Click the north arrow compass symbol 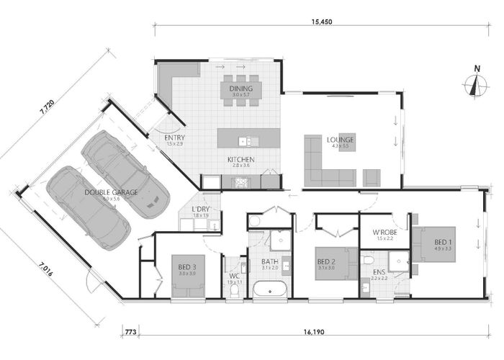tap(474, 84)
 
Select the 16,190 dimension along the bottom tap(311, 333)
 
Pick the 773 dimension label tap(130, 333)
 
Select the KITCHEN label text tap(240, 160)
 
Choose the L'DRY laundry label tap(200, 210)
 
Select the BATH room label tap(270, 261)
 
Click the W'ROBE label tap(383, 232)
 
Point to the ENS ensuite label tap(379, 271)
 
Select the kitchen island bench tap(249, 138)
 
